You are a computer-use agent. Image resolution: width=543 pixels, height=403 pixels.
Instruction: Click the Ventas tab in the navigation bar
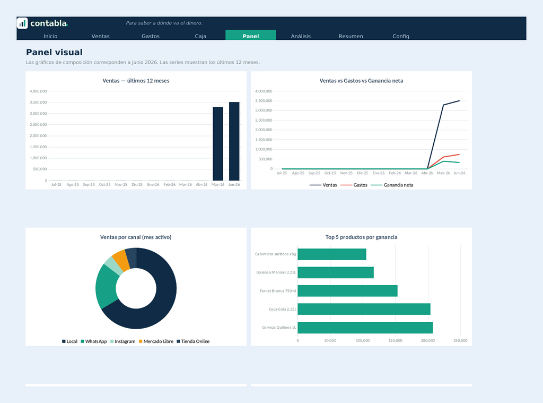point(100,36)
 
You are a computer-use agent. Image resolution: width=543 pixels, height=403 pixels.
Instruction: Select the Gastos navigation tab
point(150,36)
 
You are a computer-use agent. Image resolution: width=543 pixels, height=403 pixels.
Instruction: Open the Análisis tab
point(301,36)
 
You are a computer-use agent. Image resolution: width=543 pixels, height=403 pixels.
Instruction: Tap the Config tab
point(401,36)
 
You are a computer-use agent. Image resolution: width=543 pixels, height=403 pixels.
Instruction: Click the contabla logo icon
point(22,23)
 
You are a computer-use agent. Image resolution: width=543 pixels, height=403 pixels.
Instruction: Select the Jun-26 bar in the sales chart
point(234,141)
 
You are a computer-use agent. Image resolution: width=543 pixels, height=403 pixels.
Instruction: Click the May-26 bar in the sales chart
point(218,144)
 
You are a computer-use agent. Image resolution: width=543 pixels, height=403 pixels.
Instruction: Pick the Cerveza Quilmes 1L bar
point(365,328)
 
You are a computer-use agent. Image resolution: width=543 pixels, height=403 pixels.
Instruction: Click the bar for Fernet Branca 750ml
point(347,290)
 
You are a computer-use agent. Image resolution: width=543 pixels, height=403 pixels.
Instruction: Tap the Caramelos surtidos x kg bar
point(332,254)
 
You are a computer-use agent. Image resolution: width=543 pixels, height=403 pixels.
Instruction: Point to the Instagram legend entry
point(122,341)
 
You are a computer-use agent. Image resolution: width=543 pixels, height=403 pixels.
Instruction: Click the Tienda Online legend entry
point(193,341)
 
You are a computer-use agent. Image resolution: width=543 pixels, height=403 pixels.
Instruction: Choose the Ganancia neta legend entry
point(392,185)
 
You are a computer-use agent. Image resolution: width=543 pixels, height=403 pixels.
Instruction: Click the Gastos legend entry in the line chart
point(354,185)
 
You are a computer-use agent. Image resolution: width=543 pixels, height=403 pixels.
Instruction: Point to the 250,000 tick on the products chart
point(460,340)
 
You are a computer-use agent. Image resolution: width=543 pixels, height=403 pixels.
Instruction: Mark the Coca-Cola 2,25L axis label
point(282,309)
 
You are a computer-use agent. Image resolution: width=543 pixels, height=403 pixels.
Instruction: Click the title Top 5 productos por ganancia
point(361,237)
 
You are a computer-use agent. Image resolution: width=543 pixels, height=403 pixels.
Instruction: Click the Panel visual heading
point(55,53)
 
